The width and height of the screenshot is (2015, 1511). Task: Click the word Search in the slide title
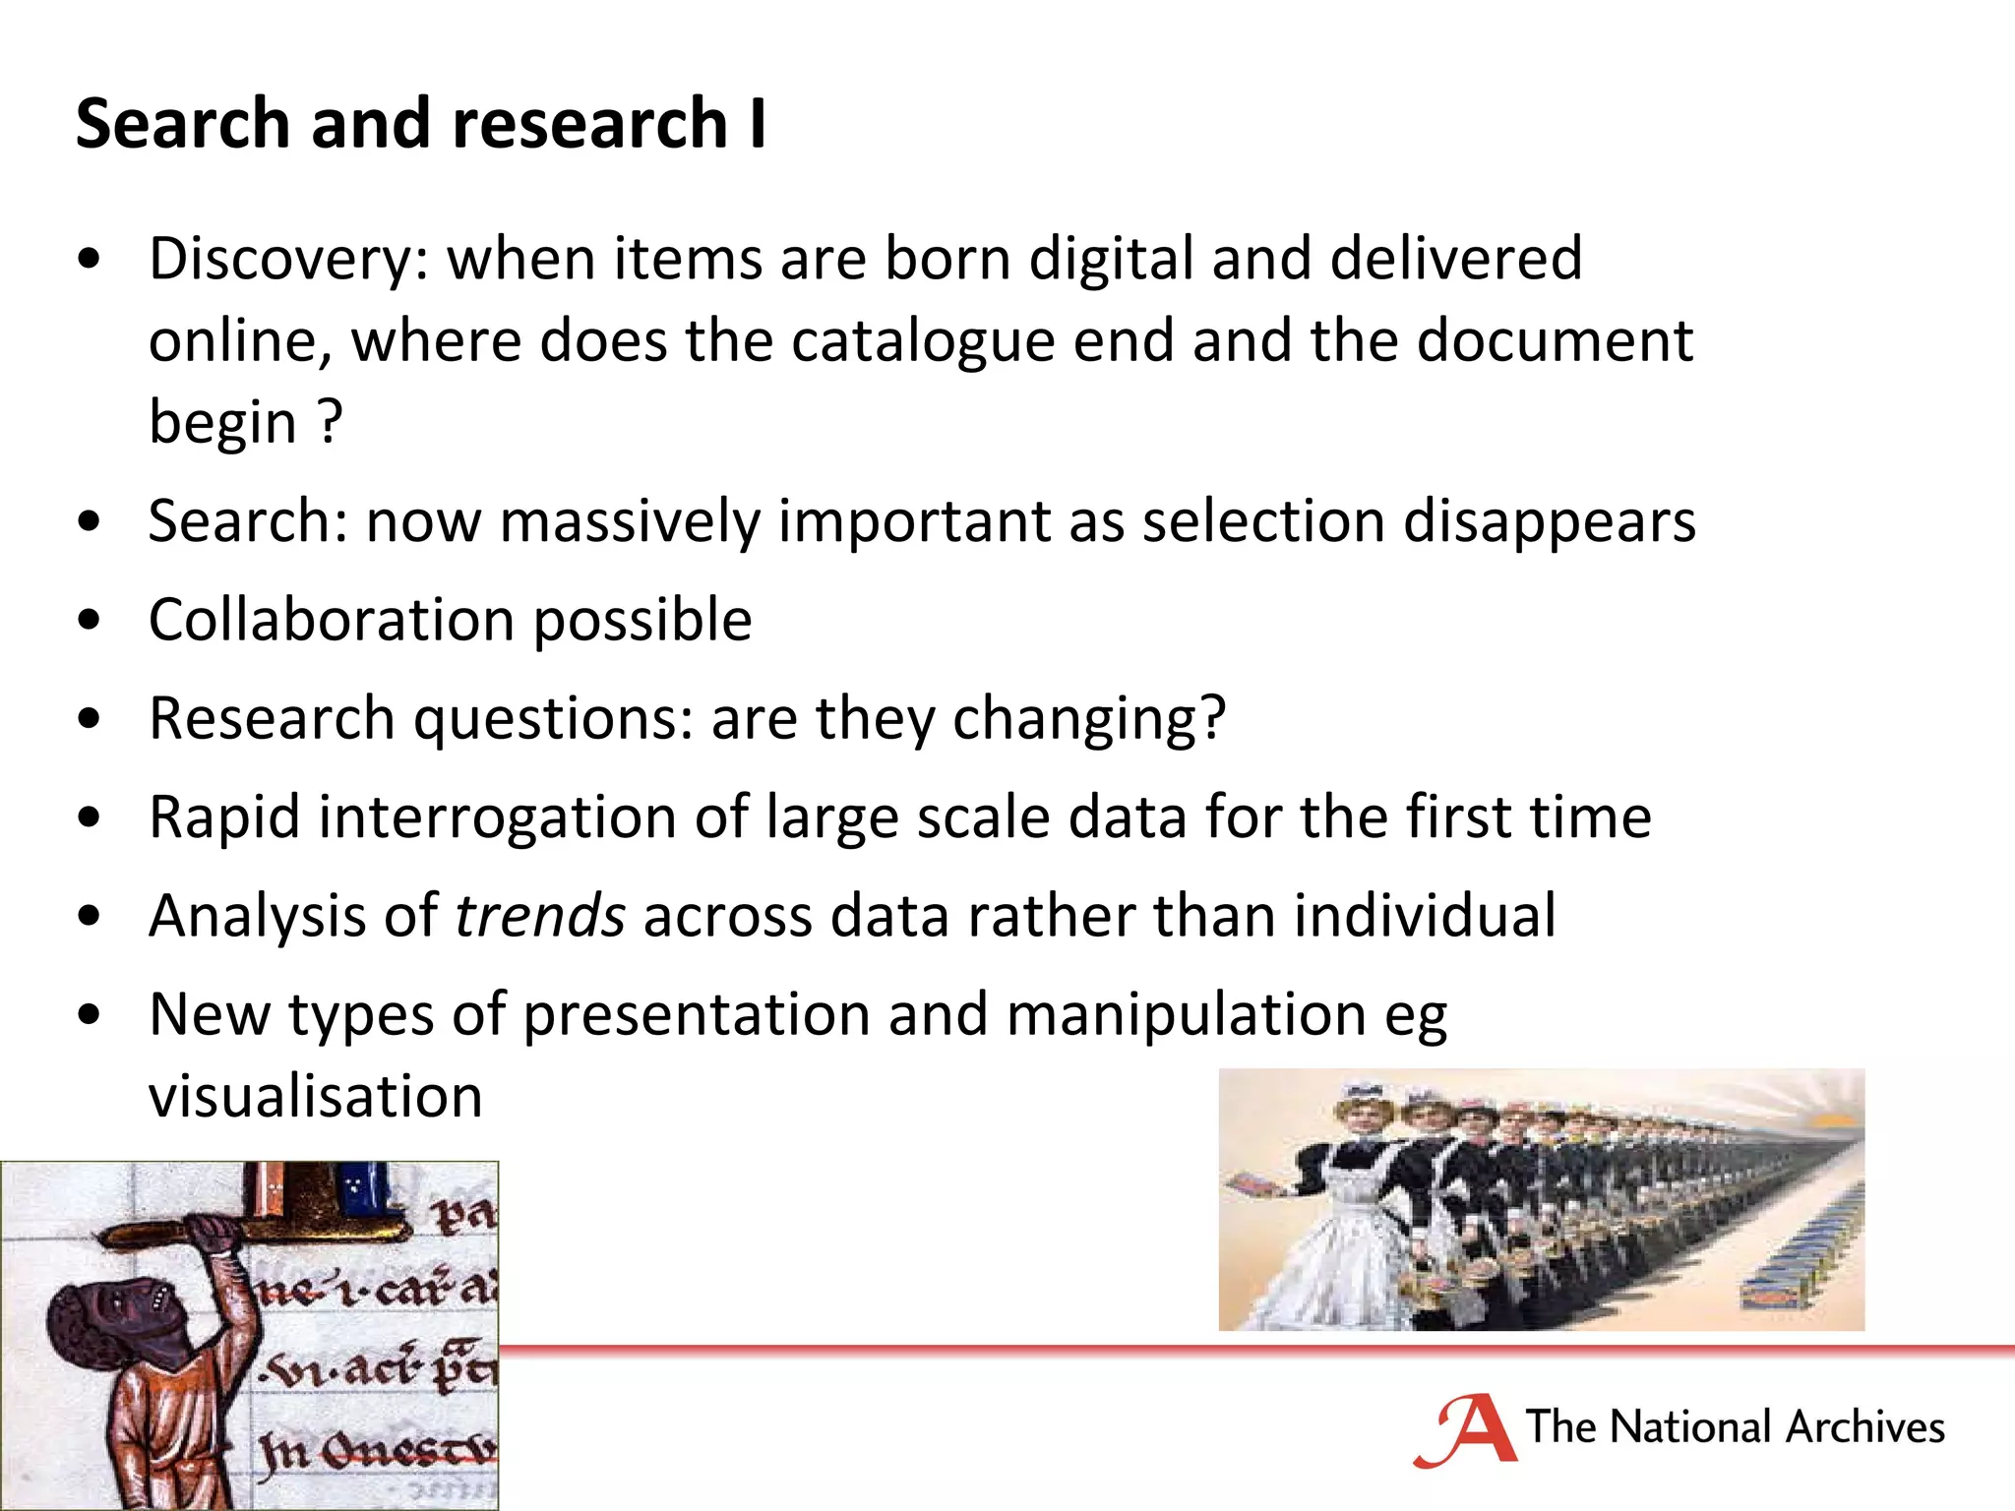pos(182,124)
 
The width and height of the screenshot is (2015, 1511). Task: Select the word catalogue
pos(922,342)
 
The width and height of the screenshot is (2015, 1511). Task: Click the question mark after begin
pos(331,423)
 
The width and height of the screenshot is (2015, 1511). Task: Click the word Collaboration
pos(332,621)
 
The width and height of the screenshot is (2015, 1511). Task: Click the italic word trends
pos(539,917)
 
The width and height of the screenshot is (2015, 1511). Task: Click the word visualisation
pos(315,1097)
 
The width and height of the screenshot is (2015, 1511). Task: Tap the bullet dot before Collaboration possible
pos(90,621)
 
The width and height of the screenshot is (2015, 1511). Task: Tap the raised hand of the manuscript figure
pos(211,1231)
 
